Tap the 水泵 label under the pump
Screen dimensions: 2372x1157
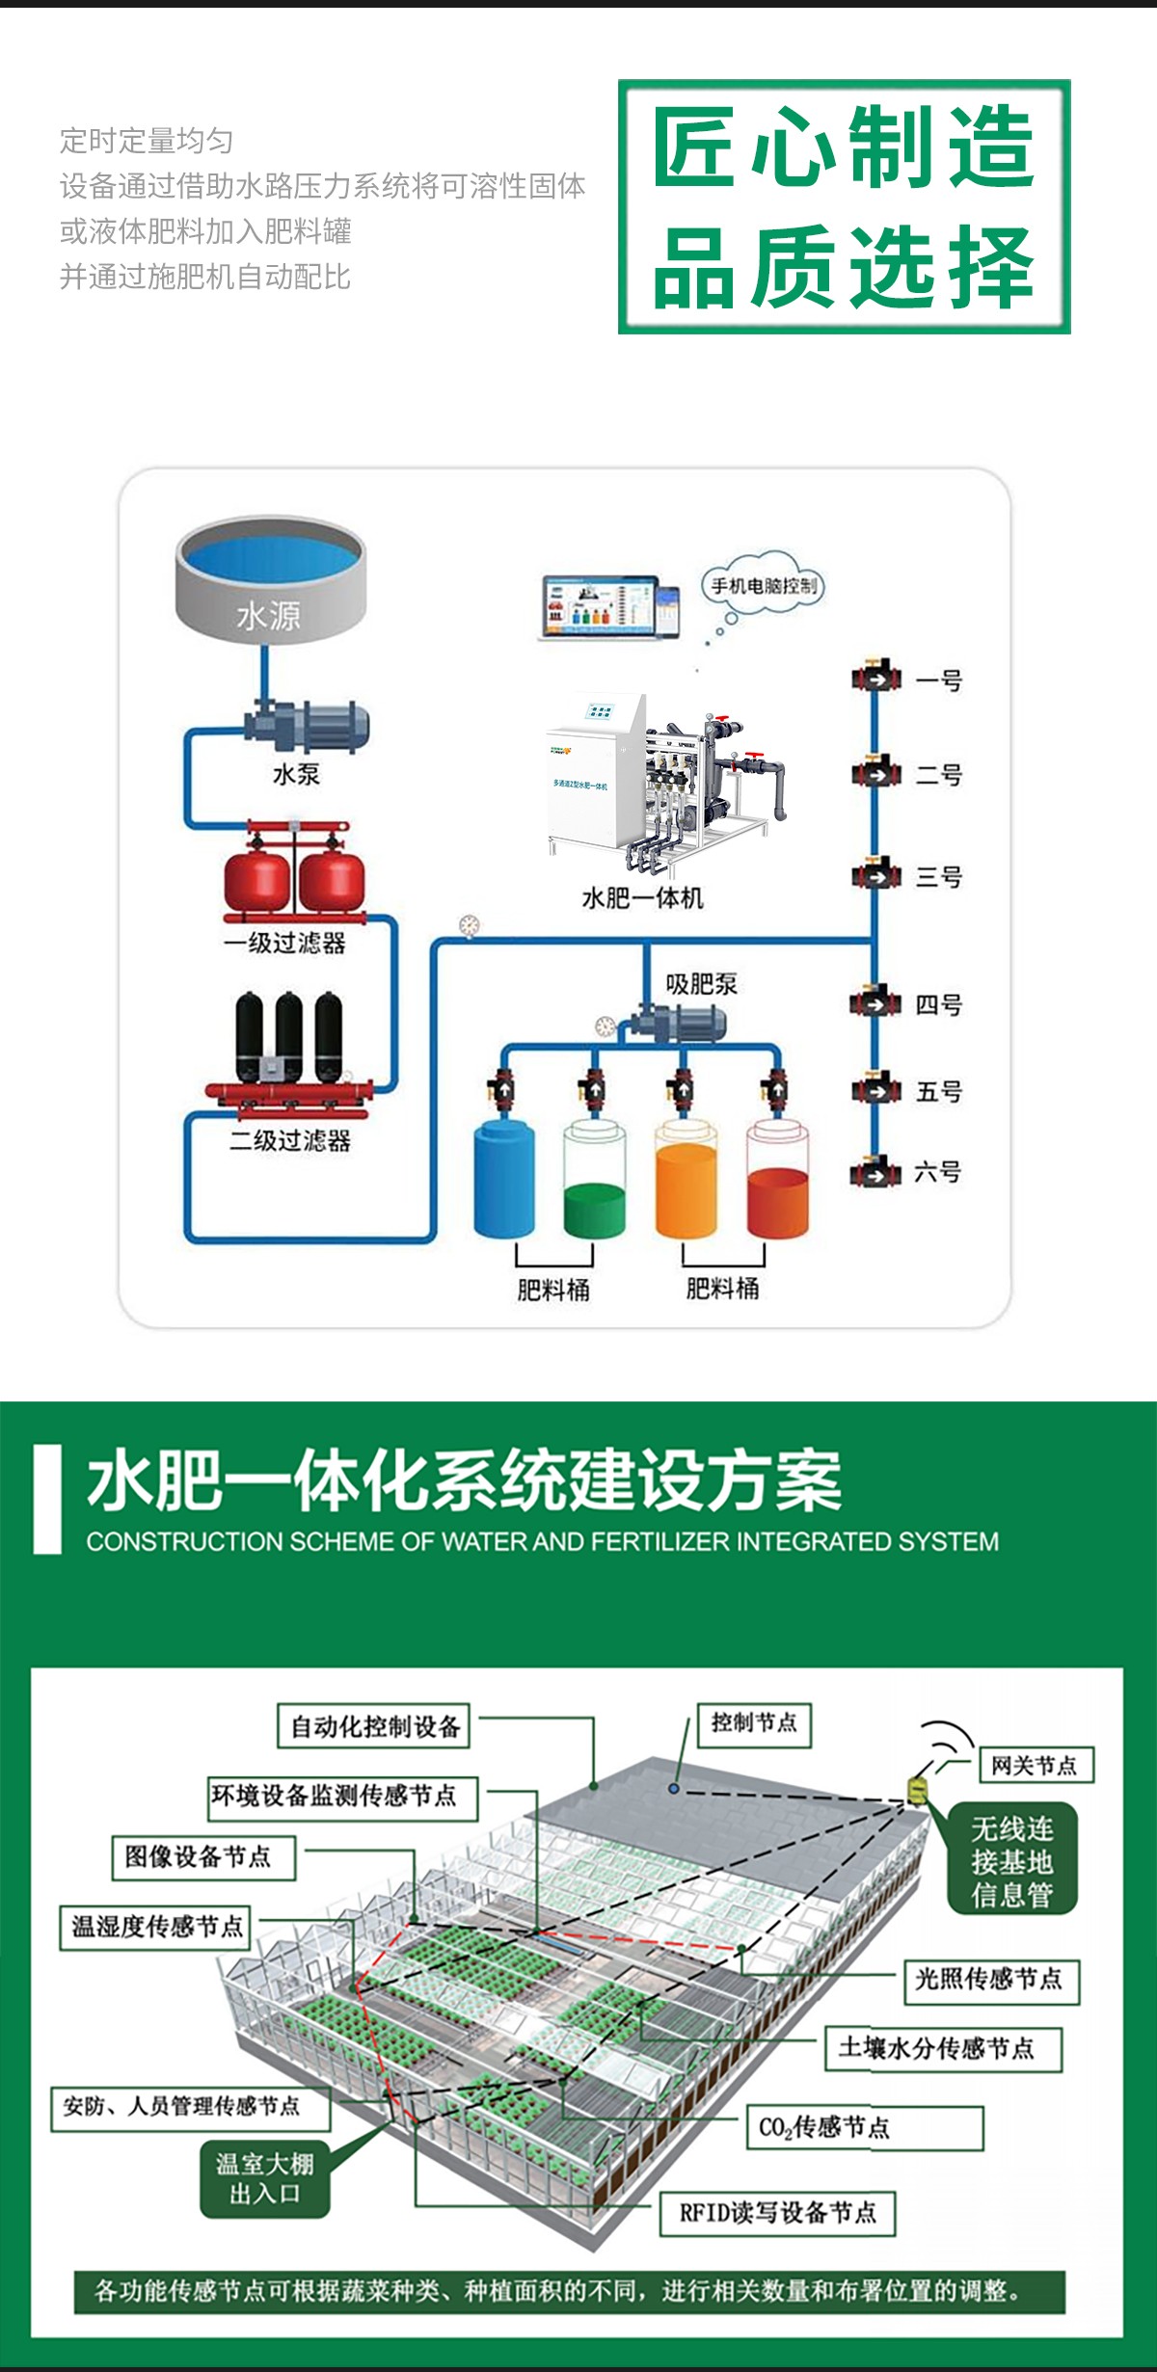click(296, 774)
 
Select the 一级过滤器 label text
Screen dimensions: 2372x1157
click(284, 943)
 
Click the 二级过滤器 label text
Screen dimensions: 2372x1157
click(290, 1141)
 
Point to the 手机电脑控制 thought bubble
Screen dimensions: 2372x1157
click(763, 585)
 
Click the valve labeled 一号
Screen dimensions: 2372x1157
click(875, 679)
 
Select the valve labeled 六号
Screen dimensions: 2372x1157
click(875, 1173)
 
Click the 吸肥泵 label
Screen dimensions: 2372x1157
click(701, 984)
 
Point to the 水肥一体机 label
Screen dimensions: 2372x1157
click(642, 898)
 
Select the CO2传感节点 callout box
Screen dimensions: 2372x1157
click(864, 2127)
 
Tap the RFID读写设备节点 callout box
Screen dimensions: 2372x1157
click(777, 2212)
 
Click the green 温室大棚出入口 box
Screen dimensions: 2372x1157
click(265, 2178)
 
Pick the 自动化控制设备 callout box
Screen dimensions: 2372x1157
click(375, 1726)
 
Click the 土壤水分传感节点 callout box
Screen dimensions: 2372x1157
click(942, 2048)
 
